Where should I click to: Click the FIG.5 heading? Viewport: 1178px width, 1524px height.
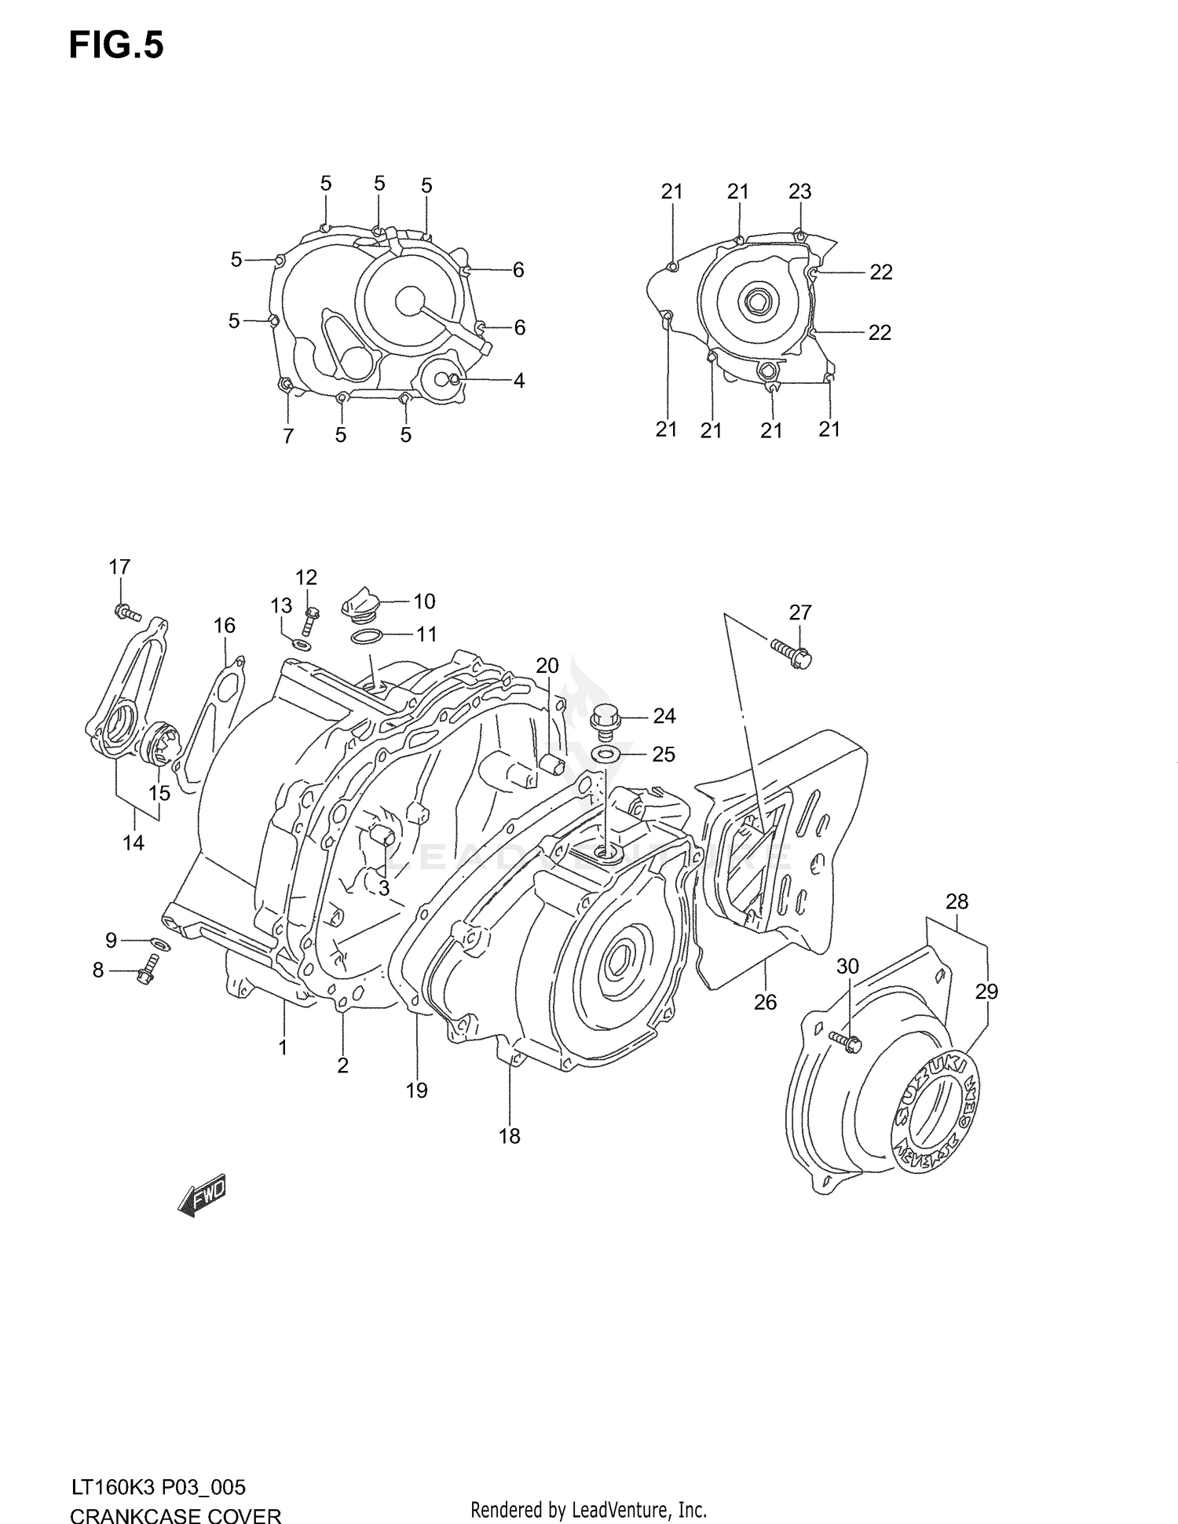pos(116,46)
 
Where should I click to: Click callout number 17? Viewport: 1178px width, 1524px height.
pos(119,566)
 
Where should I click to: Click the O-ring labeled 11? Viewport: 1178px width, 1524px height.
pos(366,636)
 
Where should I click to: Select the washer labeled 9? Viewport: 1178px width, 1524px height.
pos(157,942)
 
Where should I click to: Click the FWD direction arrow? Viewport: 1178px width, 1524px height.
pos(203,1197)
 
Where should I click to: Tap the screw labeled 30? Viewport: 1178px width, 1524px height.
pos(845,1041)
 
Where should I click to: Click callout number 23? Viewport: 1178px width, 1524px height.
pos(799,191)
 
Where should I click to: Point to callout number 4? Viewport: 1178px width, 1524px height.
pos(518,381)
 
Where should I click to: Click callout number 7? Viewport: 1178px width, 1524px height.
pos(288,436)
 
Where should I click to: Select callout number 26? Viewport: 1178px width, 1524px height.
pos(765,1002)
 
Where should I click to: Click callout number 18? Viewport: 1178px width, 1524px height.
pos(509,1135)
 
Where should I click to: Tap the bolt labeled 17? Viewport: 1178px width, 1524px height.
pos(126,612)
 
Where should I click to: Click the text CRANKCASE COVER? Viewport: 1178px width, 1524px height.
pos(175,1512)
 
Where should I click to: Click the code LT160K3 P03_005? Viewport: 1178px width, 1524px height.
pos(157,1486)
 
